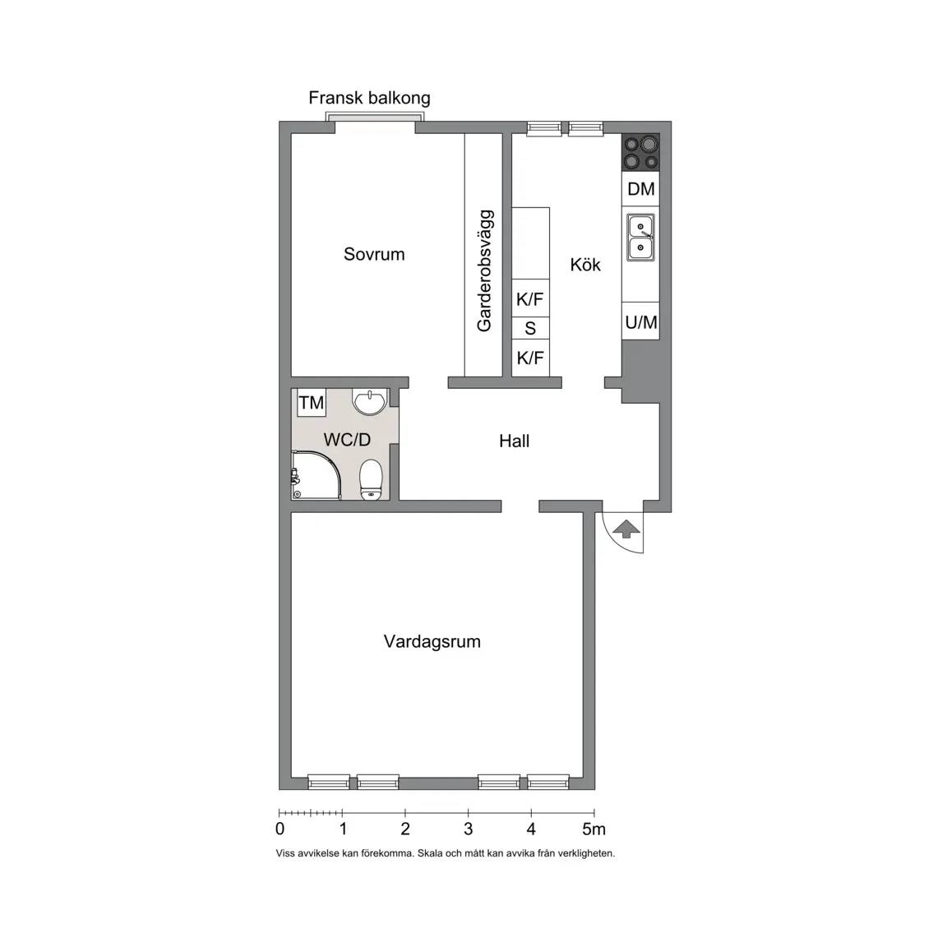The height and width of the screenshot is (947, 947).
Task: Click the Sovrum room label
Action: [374, 254]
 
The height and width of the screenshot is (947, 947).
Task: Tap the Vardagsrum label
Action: [432, 641]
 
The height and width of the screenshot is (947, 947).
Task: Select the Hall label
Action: [515, 441]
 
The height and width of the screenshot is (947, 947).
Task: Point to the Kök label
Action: [585, 265]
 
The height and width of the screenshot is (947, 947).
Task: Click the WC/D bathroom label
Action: [347, 440]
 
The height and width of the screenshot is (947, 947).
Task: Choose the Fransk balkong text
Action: [370, 98]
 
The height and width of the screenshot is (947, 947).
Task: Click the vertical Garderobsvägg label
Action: [484, 270]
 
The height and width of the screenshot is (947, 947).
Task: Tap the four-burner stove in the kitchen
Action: [641, 152]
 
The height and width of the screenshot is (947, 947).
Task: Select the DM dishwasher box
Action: [641, 189]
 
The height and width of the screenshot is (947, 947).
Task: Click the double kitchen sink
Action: [641, 238]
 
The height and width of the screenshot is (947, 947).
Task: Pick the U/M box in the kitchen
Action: [641, 322]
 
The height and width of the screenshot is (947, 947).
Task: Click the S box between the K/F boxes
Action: [530, 328]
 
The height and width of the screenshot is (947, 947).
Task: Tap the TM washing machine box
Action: [312, 402]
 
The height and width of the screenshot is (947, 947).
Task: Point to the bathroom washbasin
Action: [370, 402]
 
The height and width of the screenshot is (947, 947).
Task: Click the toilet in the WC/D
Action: [372, 480]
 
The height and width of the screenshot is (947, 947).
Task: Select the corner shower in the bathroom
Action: [316, 475]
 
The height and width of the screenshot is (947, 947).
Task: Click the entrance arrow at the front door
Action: [626, 529]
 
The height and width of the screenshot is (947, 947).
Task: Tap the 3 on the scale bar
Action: [468, 829]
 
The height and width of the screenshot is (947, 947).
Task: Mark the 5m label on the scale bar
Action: [594, 829]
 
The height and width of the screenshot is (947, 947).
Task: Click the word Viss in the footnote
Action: [285, 853]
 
